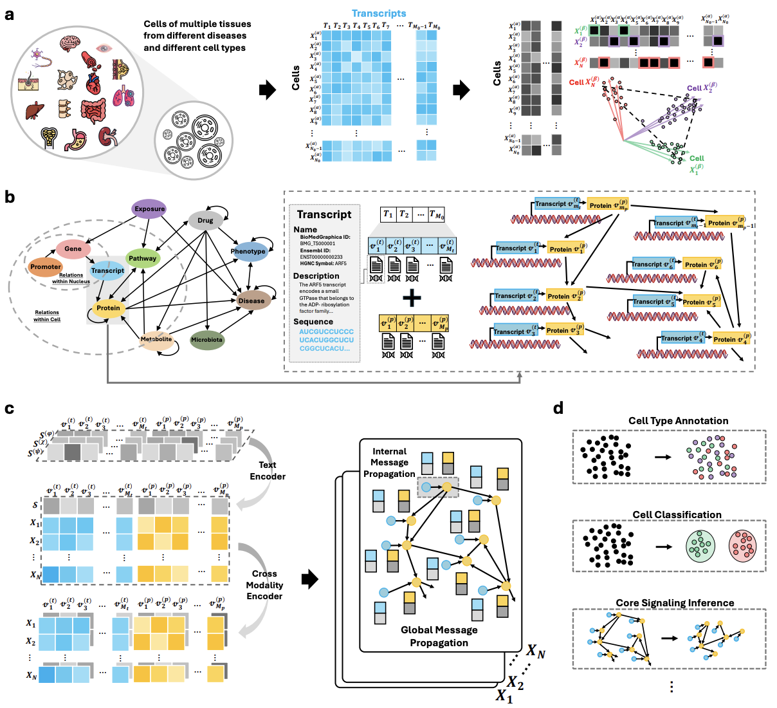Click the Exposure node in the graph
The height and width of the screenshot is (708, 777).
149,209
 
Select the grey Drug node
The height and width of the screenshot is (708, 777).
205,220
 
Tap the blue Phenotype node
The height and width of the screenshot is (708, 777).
248,251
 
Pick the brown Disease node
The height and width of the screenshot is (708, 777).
251,301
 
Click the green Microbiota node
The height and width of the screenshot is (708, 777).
206,339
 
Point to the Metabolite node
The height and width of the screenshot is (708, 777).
156,339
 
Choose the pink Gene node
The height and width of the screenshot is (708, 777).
73,248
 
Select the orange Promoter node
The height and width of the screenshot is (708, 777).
45,266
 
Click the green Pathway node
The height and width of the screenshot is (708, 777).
142,258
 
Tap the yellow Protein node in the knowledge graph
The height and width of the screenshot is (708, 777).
108,308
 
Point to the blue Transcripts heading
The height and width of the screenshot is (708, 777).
379,13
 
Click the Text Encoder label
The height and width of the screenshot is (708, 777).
268,470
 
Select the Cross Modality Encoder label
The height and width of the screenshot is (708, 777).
264,584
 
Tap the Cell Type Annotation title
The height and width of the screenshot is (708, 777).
678,421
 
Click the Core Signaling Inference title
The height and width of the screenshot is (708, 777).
675,603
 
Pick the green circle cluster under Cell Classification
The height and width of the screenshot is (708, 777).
700,545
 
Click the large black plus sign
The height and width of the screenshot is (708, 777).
412,297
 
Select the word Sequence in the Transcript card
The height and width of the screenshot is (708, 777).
313,322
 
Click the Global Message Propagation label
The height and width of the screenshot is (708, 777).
439,636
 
